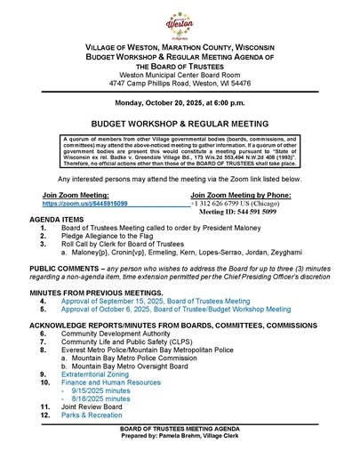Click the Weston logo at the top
[x=180, y=19]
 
